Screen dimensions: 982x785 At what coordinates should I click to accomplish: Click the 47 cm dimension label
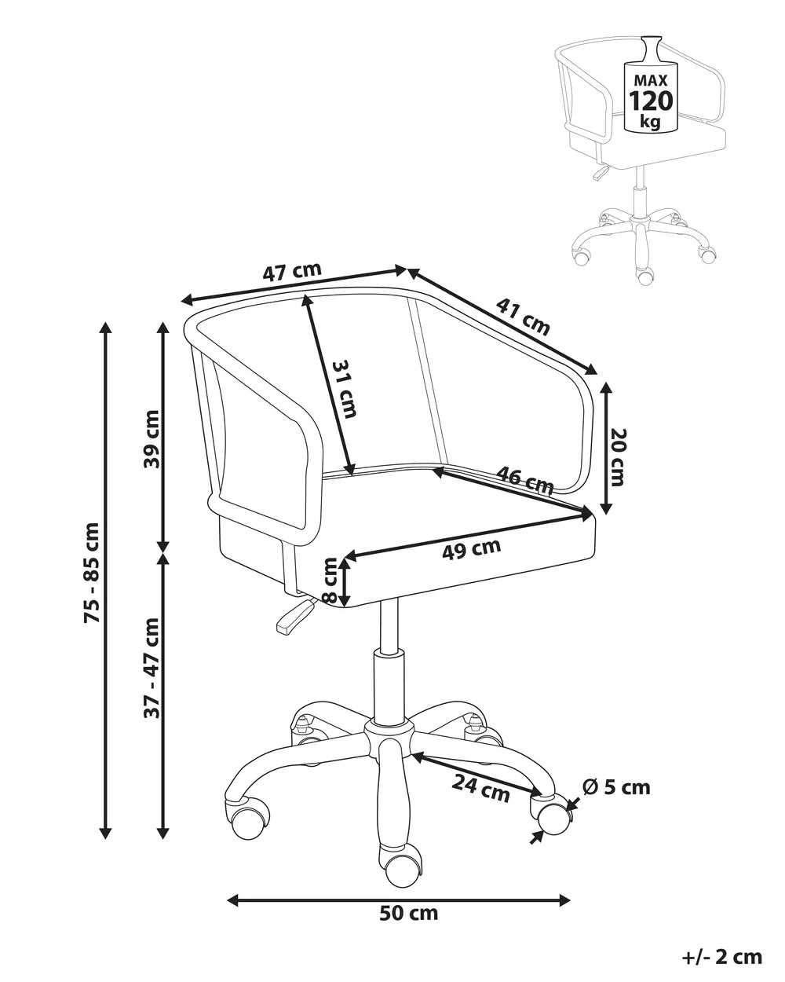[292, 273]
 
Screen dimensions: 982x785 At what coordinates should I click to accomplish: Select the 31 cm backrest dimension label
[344, 389]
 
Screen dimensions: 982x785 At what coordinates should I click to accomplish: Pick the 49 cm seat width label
[471, 549]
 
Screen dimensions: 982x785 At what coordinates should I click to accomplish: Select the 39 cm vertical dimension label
[152, 438]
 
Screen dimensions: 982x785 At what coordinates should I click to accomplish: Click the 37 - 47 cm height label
[152, 668]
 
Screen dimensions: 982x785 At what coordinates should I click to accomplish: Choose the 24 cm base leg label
[481, 787]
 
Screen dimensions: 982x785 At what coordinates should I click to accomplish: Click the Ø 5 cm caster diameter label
[617, 786]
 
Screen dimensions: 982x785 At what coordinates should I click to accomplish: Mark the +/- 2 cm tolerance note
[722, 956]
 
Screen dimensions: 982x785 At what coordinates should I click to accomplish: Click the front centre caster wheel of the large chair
[401, 867]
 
